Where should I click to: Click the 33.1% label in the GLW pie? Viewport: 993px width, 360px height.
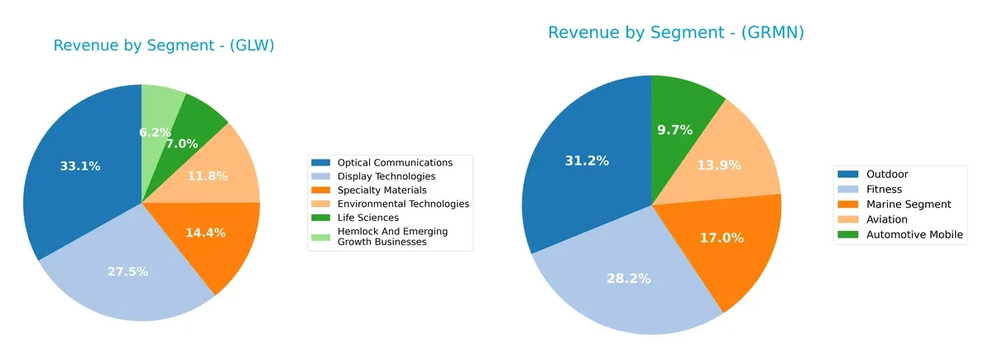pyautogui.click(x=80, y=166)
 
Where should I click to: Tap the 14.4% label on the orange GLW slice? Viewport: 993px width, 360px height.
pyautogui.click(x=205, y=233)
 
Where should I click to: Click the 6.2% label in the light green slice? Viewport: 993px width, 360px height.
pyautogui.click(x=155, y=132)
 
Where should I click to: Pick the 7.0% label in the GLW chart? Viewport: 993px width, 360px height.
pyautogui.click(x=181, y=144)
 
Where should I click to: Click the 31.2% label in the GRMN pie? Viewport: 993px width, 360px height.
pyautogui.click(x=587, y=161)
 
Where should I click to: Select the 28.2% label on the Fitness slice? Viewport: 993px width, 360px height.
pyautogui.click(x=629, y=279)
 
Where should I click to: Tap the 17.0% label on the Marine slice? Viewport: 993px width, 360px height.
pyautogui.click(x=722, y=238)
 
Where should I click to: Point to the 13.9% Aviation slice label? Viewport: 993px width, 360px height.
pyautogui.click(x=730, y=166)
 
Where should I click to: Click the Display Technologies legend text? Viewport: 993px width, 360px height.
pyautogui.click(x=386, y=176)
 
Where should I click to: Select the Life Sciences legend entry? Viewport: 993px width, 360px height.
pyautogui.click(x=368, y=218)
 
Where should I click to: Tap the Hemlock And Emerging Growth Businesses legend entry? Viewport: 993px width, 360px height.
pyautogui.click(x=391, y=237)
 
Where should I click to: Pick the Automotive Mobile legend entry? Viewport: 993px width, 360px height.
pyautogui.click(x=914, y=235)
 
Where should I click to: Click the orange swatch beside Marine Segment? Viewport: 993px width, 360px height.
pyautogui.click(x=848, y=204)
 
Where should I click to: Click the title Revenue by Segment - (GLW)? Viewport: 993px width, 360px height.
pyautogui.click(x=164, y=46)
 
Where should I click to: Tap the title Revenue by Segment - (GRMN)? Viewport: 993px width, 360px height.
pyautogui.click(x=675, y=33)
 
